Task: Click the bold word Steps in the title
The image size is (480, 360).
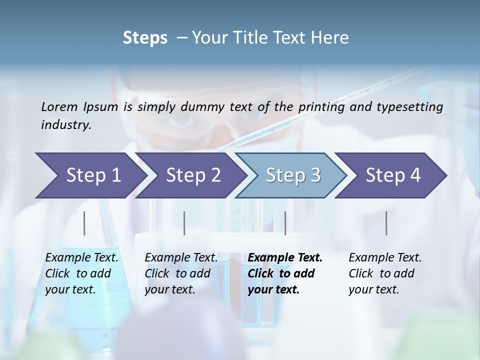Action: point(145,38)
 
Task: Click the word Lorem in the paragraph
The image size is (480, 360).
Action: point(59,106)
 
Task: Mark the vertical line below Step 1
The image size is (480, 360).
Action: point(84,223)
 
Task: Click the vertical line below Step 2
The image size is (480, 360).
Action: point(184,223)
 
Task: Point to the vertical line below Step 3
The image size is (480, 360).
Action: point(285,223)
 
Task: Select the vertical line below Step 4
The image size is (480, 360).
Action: point(386,223)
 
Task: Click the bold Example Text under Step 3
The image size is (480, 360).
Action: point(285,258)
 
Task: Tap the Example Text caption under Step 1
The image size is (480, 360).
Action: point(82,258)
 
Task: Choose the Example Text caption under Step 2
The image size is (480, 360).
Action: point(181,258)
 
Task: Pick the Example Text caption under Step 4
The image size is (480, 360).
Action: point(385,258)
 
